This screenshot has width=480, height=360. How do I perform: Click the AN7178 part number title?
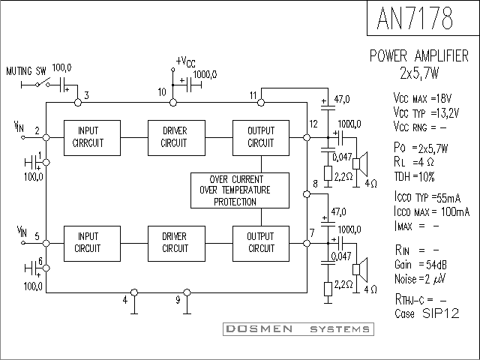point(415,18)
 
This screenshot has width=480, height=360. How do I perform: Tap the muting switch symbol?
point(43,82)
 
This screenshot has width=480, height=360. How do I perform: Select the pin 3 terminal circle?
point(78,103)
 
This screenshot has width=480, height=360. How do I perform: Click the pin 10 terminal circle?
point(173,103)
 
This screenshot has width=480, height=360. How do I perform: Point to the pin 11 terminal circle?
point(261,103)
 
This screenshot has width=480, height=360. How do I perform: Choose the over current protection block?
point(240,190)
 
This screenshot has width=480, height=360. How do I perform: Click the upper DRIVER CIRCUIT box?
point(176,138)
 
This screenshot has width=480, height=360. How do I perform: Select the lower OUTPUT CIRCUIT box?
point(261,244)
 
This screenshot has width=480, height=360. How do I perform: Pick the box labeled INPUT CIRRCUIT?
point(91,138)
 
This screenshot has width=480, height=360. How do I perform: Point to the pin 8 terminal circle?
point(307,194)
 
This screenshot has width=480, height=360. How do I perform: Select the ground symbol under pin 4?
point(134,308)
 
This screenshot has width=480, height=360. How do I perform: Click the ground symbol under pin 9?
point(187,308)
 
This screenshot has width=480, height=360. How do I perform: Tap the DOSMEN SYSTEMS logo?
point(298,329)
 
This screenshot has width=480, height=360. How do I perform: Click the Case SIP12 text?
point(427,313)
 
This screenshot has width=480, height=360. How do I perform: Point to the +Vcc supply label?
point(185,61)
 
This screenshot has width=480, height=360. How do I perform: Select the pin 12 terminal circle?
point(307,138)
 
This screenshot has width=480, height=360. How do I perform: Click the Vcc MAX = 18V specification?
point(422,98)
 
